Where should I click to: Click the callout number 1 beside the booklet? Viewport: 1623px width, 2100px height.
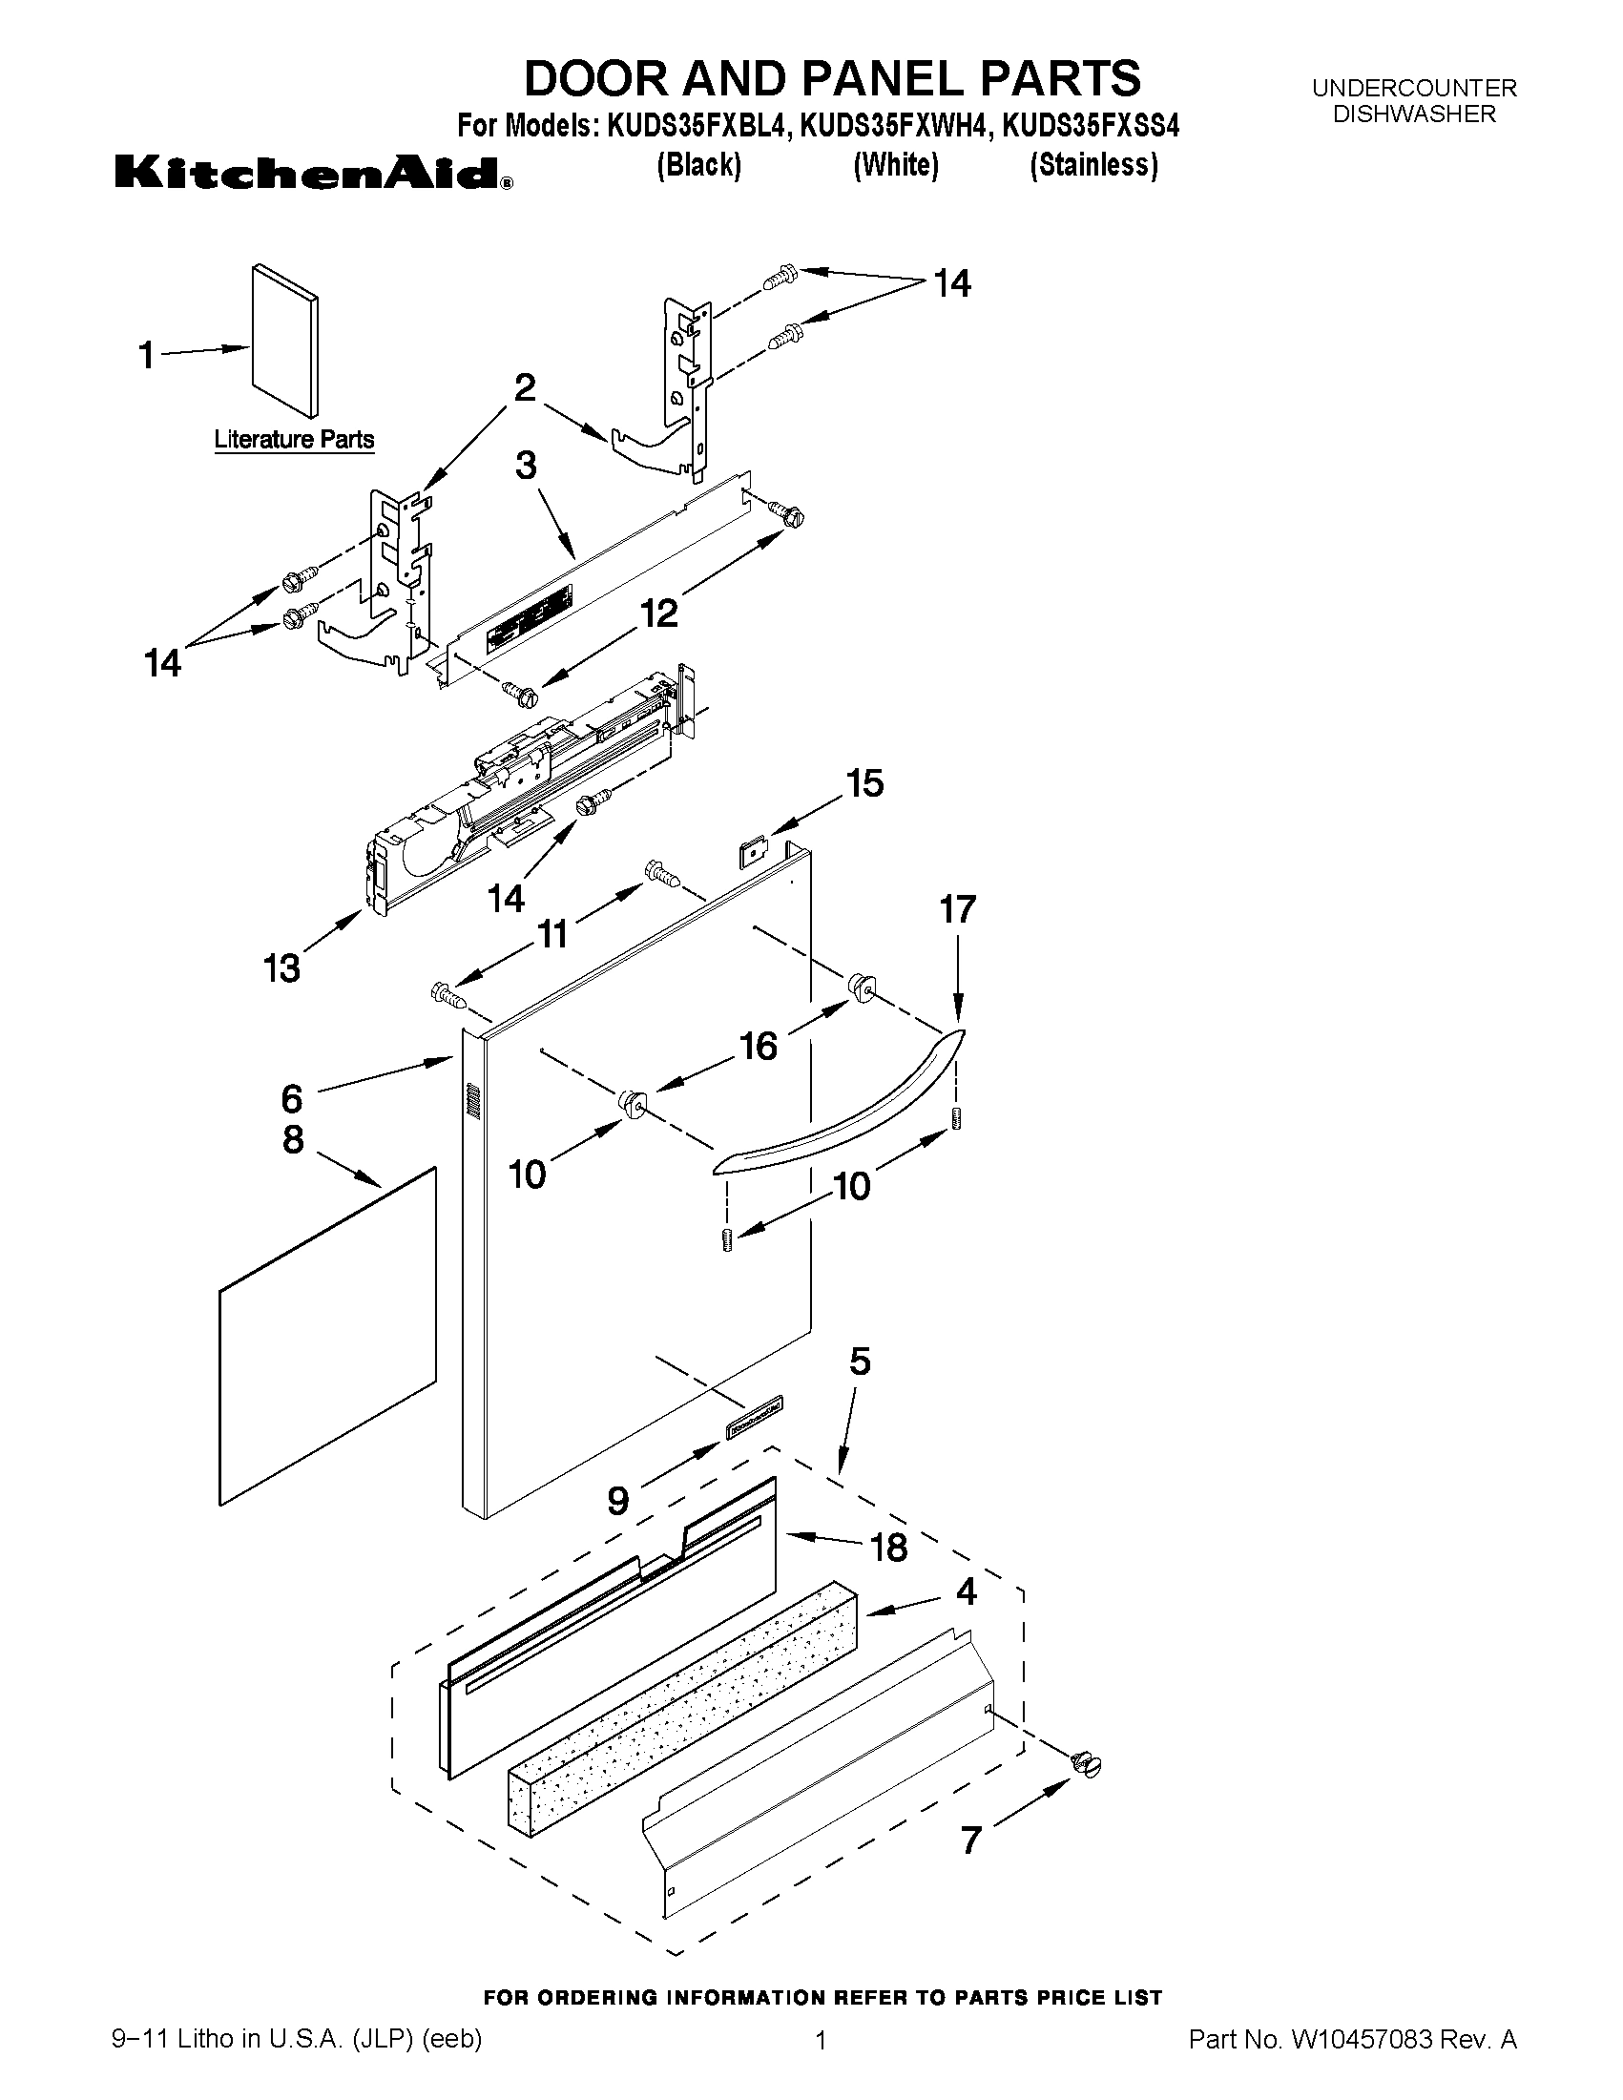click(x=146, y=356)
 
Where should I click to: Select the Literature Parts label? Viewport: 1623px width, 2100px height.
click(x=293, y=440)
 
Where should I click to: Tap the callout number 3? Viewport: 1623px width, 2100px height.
click(x=525, y=466)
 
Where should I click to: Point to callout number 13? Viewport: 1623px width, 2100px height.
click(x=281, y=968)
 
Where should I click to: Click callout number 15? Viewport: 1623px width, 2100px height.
click(x=864, y=783)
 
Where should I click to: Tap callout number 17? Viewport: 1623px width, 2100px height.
click(x=958, y=908)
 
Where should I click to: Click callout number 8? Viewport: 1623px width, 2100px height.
click(x=293, y=1139)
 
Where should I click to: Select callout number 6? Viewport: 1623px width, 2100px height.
click(x=291, y=1097)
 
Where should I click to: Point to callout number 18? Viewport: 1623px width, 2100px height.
click(x=887, y=1549)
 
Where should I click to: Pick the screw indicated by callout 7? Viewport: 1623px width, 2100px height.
click(x=1086, y=1762)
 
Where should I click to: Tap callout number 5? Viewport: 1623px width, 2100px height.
click(x=860, y=1362)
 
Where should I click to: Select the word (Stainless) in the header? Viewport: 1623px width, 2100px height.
click(x=1094, y=165)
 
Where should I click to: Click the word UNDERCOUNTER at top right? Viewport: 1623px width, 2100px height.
click(x=1413, y=89)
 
